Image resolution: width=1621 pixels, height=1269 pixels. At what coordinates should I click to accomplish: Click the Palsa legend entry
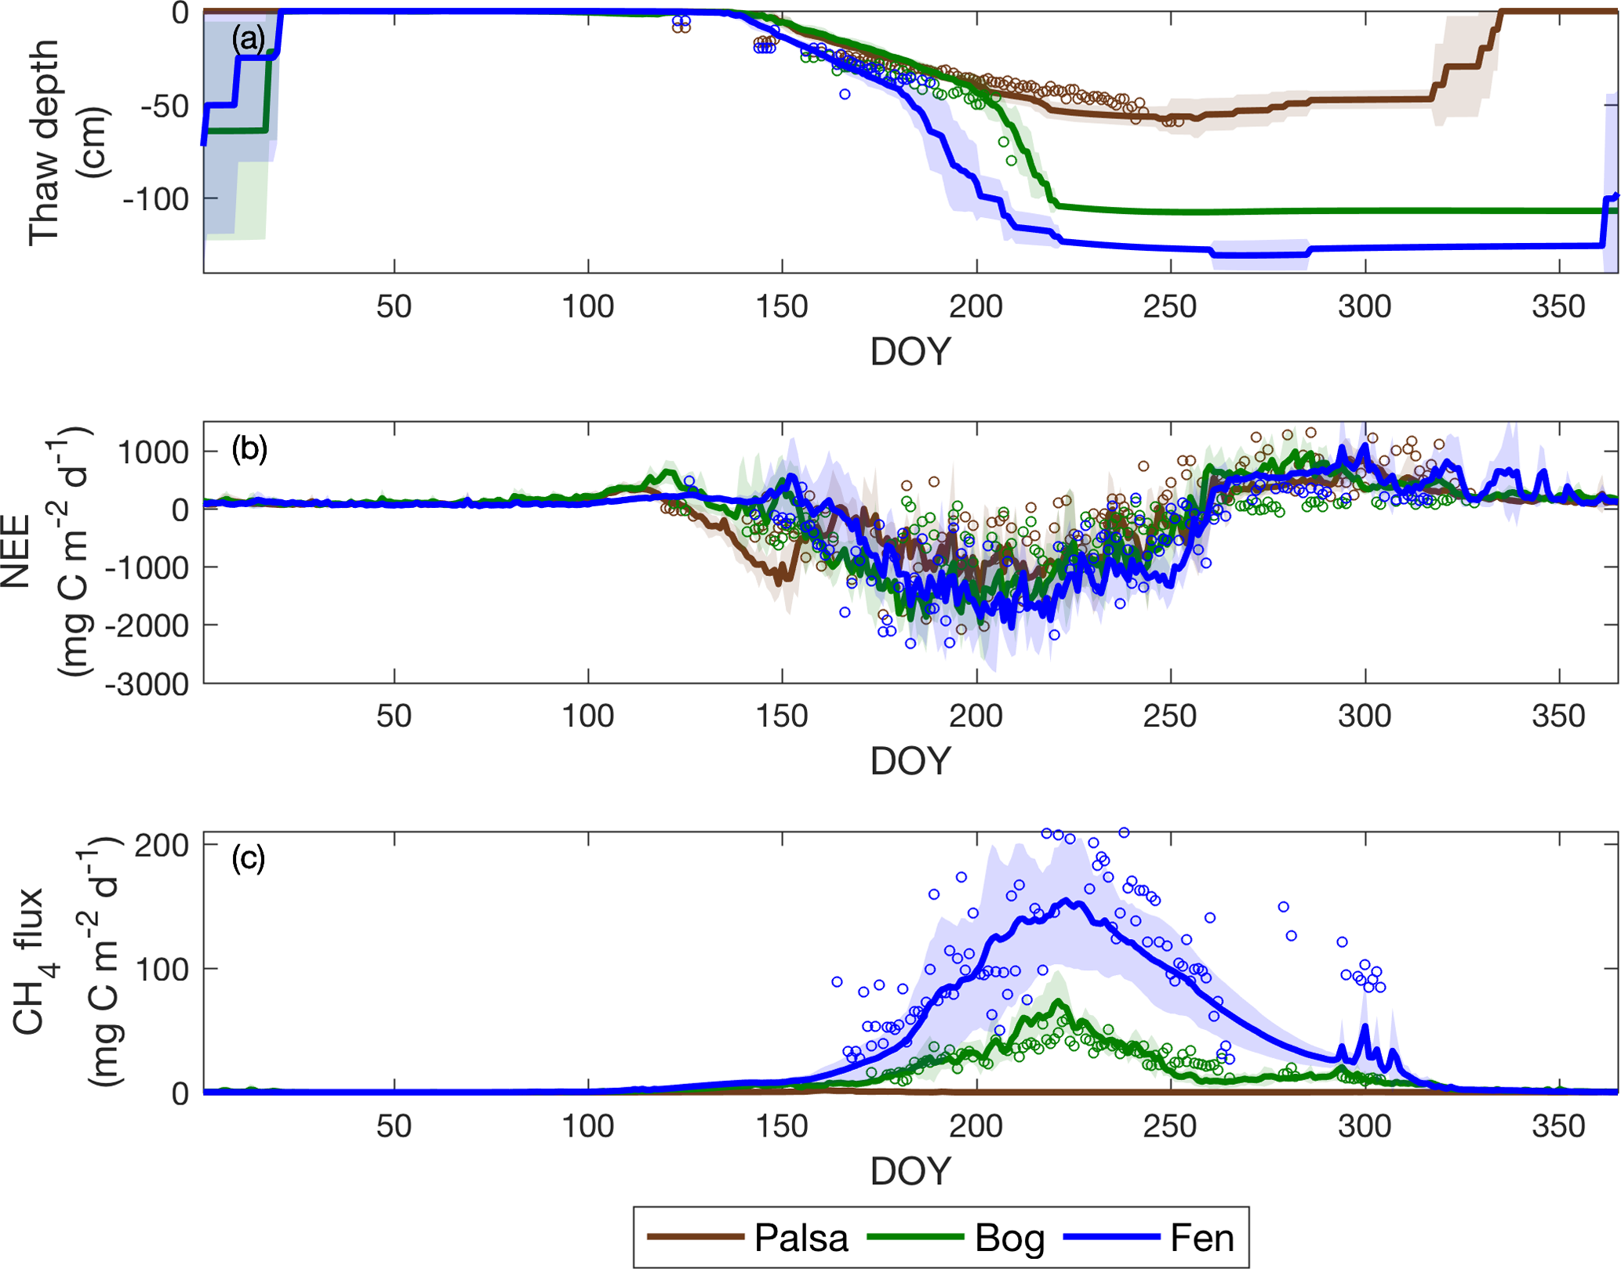pos(801,1238)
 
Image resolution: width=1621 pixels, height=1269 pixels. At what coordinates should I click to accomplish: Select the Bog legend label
pos(1009,1238)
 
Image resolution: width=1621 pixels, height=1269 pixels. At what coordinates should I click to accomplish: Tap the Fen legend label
pos(1201,1238)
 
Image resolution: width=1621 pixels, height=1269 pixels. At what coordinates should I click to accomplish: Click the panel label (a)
pos(248,38)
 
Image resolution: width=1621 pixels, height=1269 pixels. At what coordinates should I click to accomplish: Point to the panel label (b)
pos(249,449)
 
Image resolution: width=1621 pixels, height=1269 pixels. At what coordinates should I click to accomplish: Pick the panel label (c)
pos(248,859)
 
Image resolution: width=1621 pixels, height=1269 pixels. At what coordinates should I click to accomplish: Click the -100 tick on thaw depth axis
pos(156,199)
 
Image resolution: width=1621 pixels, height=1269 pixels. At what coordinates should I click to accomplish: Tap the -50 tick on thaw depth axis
pos(165,106)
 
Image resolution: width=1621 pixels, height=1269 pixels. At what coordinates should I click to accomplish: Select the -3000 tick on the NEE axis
pos(147,684)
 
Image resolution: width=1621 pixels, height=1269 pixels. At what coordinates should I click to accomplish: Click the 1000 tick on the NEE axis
pos(153,452)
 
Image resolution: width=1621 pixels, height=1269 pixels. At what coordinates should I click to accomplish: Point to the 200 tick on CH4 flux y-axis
pos(162,845)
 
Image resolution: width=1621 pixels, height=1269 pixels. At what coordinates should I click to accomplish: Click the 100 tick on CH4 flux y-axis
pos(162,970)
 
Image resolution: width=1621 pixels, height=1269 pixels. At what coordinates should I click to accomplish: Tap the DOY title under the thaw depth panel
pos(910,352)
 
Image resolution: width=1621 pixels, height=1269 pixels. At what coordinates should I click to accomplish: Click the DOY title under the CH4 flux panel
pos(910,1172)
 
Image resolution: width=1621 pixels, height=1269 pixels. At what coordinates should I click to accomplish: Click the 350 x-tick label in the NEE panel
pos(1558,716)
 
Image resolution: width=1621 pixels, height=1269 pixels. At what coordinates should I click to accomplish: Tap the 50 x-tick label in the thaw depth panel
pos(394,306)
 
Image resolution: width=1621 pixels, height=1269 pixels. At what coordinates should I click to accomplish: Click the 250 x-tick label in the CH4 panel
pos(1170,1126)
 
